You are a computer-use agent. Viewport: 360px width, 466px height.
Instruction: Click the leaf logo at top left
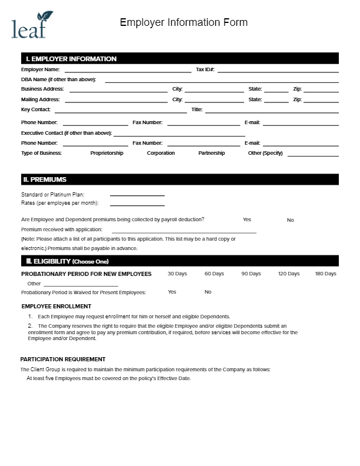click(x=32, y=25)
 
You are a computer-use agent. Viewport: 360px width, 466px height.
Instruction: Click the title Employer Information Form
click(x=184, y=23)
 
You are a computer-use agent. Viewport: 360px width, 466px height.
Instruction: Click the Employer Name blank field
click(x=128, y=70)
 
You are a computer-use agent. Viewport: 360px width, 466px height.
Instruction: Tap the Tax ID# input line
click(x=278, y=70)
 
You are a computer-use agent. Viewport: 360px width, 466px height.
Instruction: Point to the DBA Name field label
click(x=58, y=79)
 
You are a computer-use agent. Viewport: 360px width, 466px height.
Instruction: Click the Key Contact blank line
click(x=121, y=110)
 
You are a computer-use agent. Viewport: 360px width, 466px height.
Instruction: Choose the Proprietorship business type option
click(x=106, y=153)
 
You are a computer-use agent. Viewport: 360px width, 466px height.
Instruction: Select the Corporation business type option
click(x=161, y=153)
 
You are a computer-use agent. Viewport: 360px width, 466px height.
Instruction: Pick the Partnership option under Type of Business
click(x=211, y=153)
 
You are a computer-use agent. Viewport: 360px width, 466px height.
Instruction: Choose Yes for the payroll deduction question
click(x=247, y=219)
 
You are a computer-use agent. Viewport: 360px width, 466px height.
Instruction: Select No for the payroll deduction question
click(x=290, y=220)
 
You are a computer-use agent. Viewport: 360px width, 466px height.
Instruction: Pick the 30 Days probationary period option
click(x=177, y=274)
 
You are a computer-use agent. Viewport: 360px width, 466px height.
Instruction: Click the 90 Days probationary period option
click(x=251, y=274)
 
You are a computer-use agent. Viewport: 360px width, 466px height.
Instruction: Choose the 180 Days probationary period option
click(x=325, y=274)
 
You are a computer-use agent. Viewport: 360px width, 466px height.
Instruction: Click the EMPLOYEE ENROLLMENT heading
click(x=56, y=306)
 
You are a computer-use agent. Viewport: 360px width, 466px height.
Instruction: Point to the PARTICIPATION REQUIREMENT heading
click(x=63, y=359)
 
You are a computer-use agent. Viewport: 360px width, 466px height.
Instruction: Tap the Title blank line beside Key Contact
click(x=272, y=110)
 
